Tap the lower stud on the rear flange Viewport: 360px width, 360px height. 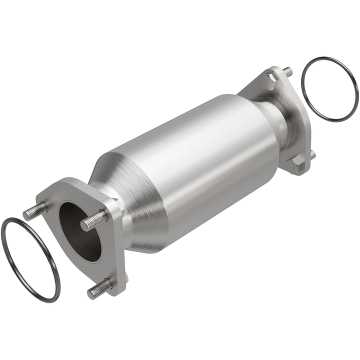pos(312,154)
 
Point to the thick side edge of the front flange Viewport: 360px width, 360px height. pos(119,250)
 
